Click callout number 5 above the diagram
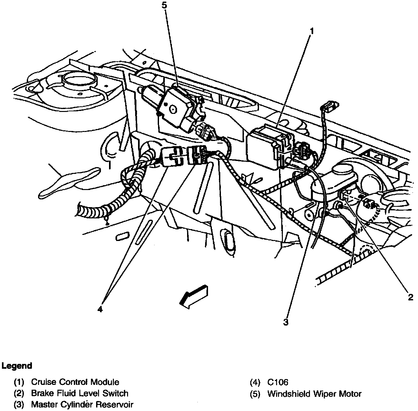[x=165, y=5]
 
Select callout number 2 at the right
[x=410, y=297]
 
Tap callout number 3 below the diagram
[x=286, y=322]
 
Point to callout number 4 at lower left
[x=100, y=309]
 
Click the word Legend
[x=17, y=366]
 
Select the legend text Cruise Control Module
[x=75, y=382]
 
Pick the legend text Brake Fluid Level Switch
[x=80, y=393]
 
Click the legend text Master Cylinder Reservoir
[x=82, y=404]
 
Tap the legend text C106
[x=278, y=382]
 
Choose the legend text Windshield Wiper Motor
[x=314, y=394]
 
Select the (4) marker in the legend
[x=255, y=382]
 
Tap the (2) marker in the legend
[x=19, y=393]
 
